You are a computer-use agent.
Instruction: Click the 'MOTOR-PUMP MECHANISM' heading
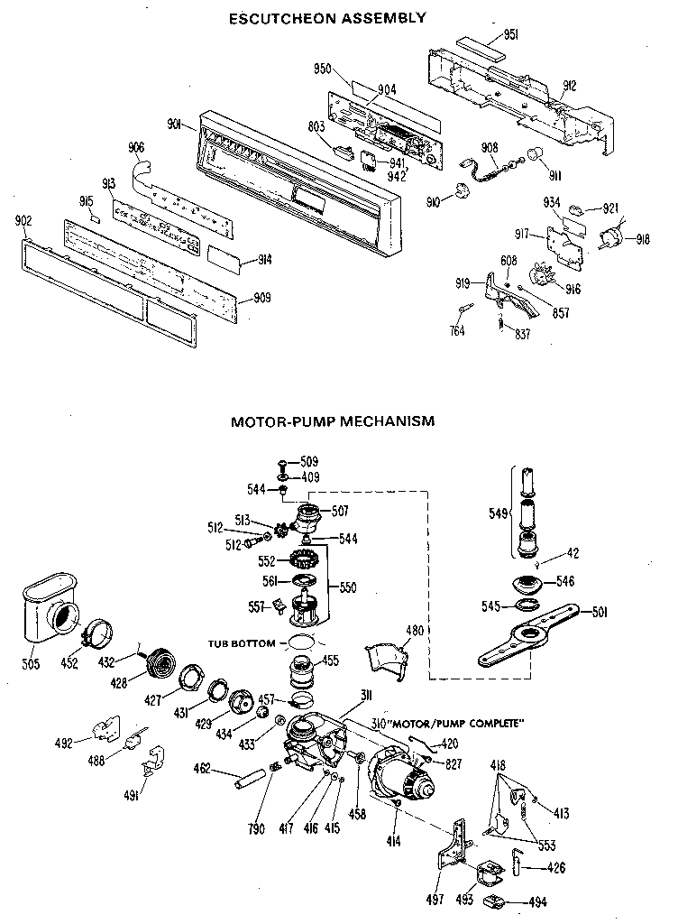click(333, 420)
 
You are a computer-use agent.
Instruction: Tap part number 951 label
click(510, 35)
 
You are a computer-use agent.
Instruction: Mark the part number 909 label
click(261, 298)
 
